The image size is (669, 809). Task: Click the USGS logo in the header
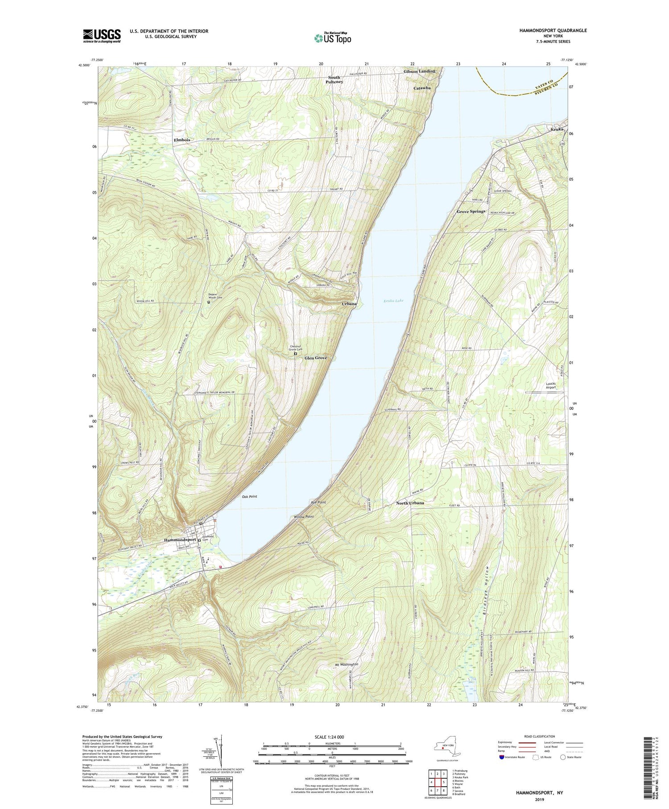click(102, 35)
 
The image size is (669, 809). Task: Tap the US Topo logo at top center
click(332, 38)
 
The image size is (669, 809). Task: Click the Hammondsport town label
click(180, 540)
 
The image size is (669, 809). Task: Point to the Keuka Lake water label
click(393, 301)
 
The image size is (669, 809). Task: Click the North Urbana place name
click(410, 503)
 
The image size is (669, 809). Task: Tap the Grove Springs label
click(471, 211)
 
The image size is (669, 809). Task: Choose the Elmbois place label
click(182, 140)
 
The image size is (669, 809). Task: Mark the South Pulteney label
click(334, 80)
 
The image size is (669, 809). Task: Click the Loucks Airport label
click(552, 386)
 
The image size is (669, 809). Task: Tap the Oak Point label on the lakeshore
click(249, 496)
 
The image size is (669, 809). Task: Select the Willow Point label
click(304, 517)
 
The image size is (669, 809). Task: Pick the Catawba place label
click(421, 88)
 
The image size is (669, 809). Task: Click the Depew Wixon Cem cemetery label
click(215, 295)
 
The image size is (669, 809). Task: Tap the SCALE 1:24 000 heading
click(331, 737)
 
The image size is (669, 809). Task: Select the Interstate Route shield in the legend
click(502, 757)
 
